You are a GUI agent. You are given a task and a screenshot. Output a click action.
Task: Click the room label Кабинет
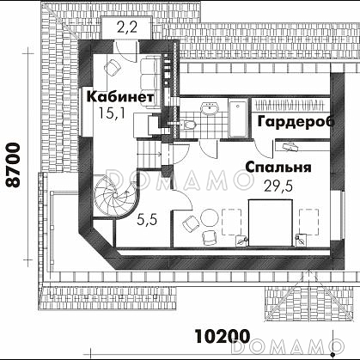120,96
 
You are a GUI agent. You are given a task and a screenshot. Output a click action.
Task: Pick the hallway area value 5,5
147,220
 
